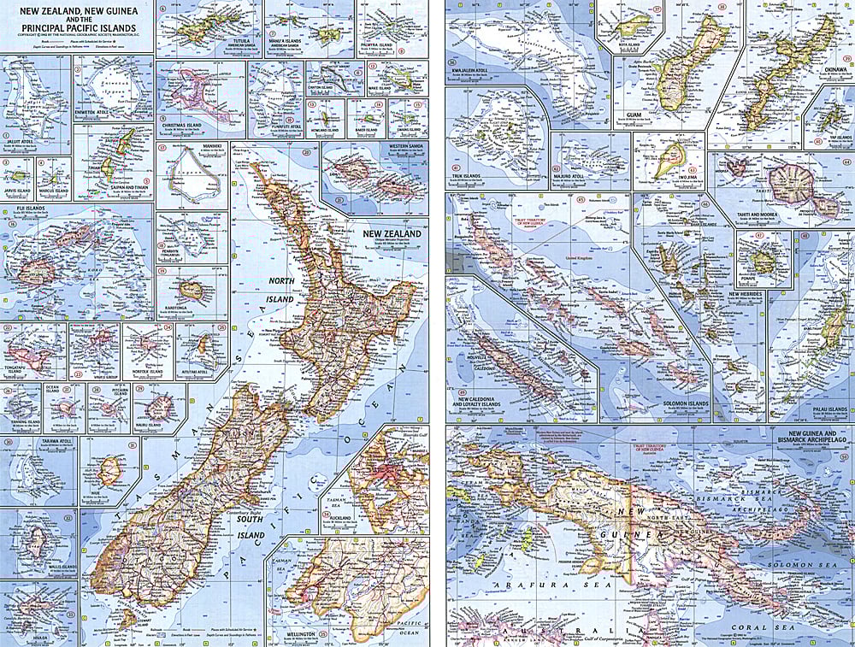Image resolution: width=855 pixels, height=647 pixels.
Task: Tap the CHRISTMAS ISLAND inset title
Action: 181,124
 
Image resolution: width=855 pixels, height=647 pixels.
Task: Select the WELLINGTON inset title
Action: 292,634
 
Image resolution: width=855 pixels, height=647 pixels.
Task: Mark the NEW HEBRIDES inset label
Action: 744,294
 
